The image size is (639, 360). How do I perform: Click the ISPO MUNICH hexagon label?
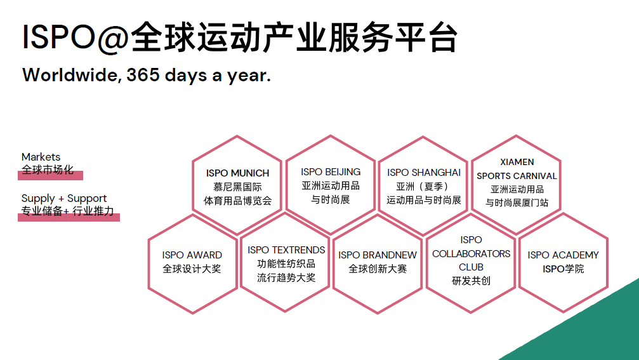(x=237, y=173)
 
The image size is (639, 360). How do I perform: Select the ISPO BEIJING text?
(x=331, y=172)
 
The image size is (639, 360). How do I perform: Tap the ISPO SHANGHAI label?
(x=424, y=173)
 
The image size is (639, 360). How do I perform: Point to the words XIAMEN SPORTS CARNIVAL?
(x=517, y=169)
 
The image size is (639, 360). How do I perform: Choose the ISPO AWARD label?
(x=192, y=255)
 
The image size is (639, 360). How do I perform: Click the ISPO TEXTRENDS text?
(x=286, y=250)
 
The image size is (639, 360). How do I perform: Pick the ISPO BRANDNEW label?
(x=378, y=255)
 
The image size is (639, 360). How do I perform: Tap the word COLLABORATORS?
(x=471, y=253)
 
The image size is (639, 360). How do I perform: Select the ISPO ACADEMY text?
(x=563, y=255)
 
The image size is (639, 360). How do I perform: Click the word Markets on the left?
(x=41, y=157)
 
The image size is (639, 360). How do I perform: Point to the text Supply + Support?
(x=64, y=199)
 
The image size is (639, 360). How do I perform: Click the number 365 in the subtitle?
(x=143, y=75)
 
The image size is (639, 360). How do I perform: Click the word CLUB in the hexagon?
(x=471, y=267)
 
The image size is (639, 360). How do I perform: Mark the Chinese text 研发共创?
(x=471, y=281)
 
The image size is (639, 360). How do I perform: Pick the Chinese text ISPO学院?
(x=563, y=269)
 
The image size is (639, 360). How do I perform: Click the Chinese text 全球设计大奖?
(x=192, y=269)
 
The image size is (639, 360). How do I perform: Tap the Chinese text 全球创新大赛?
(x=378, y=269)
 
